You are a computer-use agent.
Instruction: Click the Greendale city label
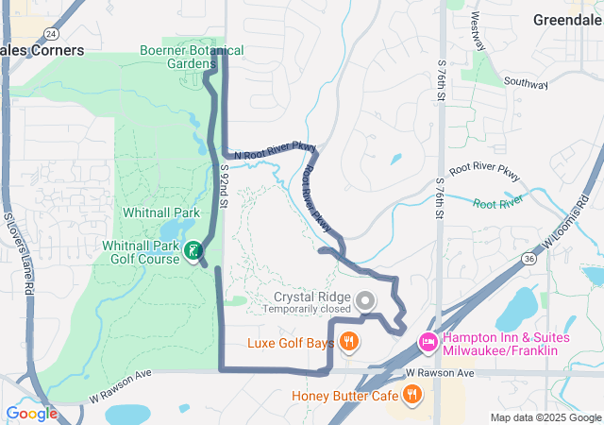(x=567, y=20)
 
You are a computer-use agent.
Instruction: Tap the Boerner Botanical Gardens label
(x=192, y=57)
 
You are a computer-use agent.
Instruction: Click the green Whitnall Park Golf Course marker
(x=193, y=250)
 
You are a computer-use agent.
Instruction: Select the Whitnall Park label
(x=161, y=212)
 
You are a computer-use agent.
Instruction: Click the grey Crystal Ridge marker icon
(x=366, y=301)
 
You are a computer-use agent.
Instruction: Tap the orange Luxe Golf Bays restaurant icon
(x=349, y=342)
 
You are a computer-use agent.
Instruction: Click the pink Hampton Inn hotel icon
(x=427, y=341)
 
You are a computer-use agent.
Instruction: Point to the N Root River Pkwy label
(x=275, y=149)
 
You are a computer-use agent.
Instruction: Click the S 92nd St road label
(x=225, y=185)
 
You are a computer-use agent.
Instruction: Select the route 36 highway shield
(x=529, y=258)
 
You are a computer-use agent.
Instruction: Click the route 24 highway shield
(x=48, y=33)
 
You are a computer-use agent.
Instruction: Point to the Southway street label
(x=526, y=84)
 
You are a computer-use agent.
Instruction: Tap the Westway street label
(x=478, y=31)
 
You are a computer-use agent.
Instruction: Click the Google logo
(x=31, y=414)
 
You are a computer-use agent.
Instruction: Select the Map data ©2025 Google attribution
(x=545, y=417)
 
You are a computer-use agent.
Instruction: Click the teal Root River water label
(x=497, y=203)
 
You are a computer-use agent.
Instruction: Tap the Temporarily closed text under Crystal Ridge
(x=307, y=309)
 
